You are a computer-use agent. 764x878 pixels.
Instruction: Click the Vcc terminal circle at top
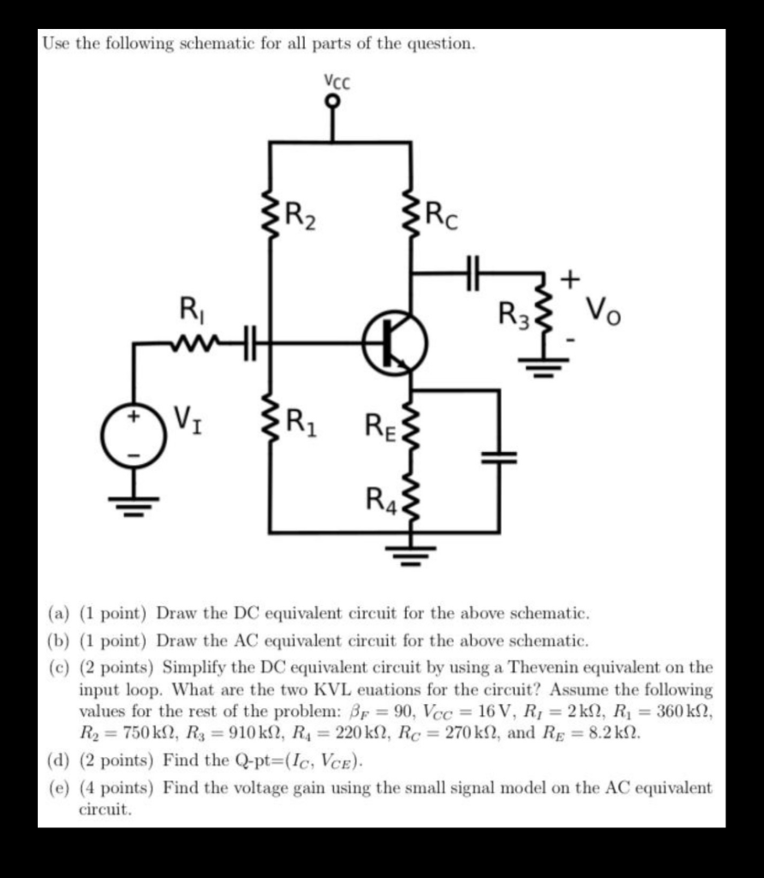coord(334,101)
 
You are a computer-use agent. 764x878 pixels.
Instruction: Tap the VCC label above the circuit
coord(336,81)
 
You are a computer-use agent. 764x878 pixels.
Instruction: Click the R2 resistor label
coord(301,214)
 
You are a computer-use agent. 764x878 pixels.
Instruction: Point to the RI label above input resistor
coord(188,306)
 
